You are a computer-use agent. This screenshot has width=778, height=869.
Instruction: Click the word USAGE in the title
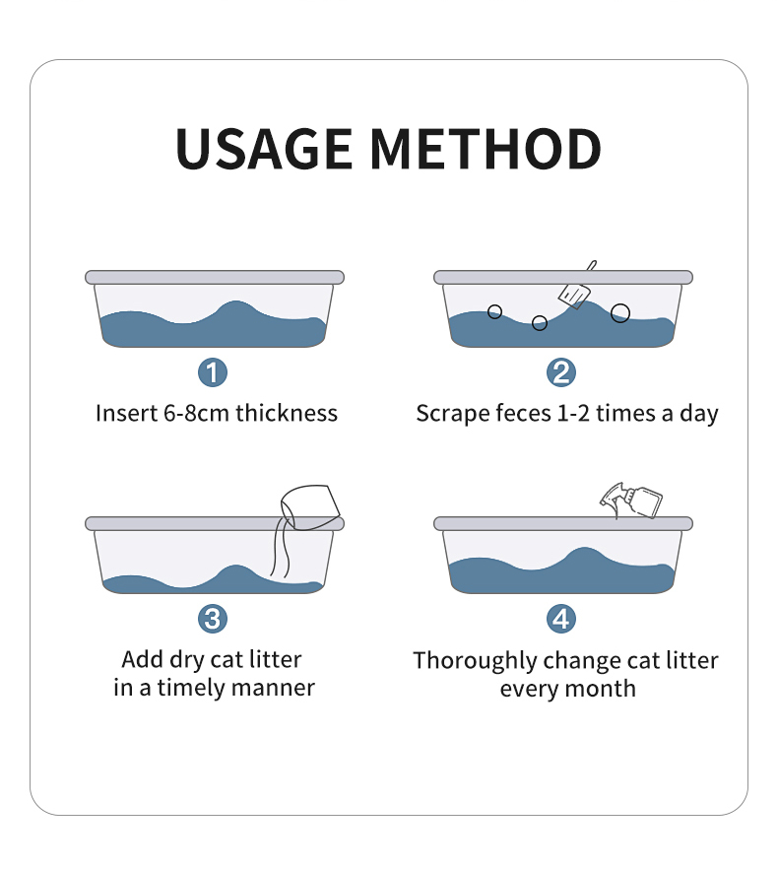(264, 149)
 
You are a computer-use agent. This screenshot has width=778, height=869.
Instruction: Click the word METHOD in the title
(486, 149)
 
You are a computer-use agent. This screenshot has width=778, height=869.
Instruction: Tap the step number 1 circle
(213, 371)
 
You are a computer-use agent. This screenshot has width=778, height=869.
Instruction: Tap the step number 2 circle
(561, 371)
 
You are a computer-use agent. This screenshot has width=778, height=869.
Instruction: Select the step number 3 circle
(213, 619)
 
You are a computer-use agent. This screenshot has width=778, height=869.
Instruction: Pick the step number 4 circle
(561, 619)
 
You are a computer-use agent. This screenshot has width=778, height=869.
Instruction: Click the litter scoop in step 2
(576, 288)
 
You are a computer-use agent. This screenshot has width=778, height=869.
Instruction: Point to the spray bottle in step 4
(631, 501)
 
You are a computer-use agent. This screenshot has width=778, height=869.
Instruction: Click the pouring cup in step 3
(310, 507)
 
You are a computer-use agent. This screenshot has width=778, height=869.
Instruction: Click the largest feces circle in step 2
(620, 313)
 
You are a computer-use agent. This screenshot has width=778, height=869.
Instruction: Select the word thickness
(287, 414)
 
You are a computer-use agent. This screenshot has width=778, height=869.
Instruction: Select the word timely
(192, 689)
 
